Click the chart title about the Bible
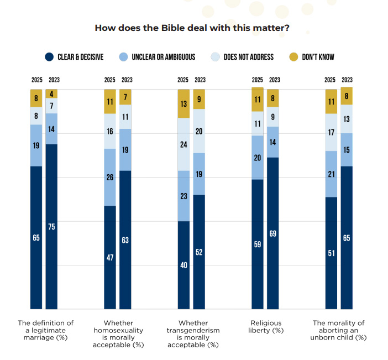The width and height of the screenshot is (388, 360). coord(193,28)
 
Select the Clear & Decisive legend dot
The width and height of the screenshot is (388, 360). coord(49,56)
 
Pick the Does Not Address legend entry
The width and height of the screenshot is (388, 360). coord(248,56)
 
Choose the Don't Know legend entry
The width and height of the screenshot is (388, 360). coord(318,56)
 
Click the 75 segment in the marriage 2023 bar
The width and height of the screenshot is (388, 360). coord(52,227)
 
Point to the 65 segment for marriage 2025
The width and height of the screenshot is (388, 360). coord(36,238)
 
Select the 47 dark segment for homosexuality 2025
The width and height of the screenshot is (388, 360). coord(110,257)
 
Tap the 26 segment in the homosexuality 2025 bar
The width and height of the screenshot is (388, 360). coord(110,177)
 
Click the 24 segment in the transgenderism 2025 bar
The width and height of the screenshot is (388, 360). coord(183,144)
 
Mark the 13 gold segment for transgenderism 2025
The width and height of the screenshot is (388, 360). coord(183,103)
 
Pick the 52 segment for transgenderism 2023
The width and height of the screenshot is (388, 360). coord(200,252)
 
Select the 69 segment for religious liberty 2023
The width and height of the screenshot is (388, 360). coord(273,233)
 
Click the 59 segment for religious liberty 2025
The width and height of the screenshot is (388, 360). coord(258,244)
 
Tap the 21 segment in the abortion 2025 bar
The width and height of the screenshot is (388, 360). coord(331,174)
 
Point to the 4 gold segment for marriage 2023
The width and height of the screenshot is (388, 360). coord(52,93)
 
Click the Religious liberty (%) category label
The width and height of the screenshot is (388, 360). coord(266,326)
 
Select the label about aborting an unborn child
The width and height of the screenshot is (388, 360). coord(339,330)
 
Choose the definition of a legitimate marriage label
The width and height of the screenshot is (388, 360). coord(46,330)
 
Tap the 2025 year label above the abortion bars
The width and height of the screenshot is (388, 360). coord(330,80)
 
